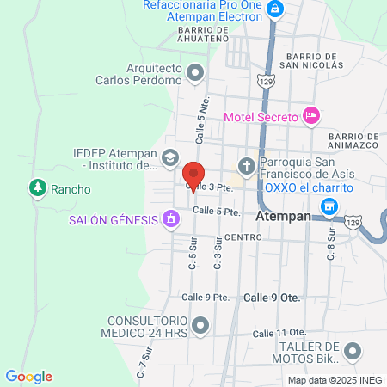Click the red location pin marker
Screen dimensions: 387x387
(x=194, y=174)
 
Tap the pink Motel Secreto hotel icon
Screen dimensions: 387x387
(x=311, y=115)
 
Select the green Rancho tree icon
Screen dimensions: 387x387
(x=37, y=187)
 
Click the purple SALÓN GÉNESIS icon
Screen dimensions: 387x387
(x=171, y=219)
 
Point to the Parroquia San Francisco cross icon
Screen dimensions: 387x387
(x=246, y=165)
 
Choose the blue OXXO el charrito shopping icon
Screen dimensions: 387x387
(x=328, y=206)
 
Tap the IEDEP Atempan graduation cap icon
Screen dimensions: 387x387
(x=169, y=157)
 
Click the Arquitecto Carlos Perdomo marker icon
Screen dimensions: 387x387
(x=195, y=73)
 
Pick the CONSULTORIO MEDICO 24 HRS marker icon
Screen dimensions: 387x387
(x=200, y=325)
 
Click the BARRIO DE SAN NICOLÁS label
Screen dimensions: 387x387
(x=310, y=59)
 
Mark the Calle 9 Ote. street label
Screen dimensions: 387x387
(x=271, y=297)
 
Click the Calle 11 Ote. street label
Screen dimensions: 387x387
(x=279, y=332)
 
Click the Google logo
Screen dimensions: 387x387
(x=29, y=376)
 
